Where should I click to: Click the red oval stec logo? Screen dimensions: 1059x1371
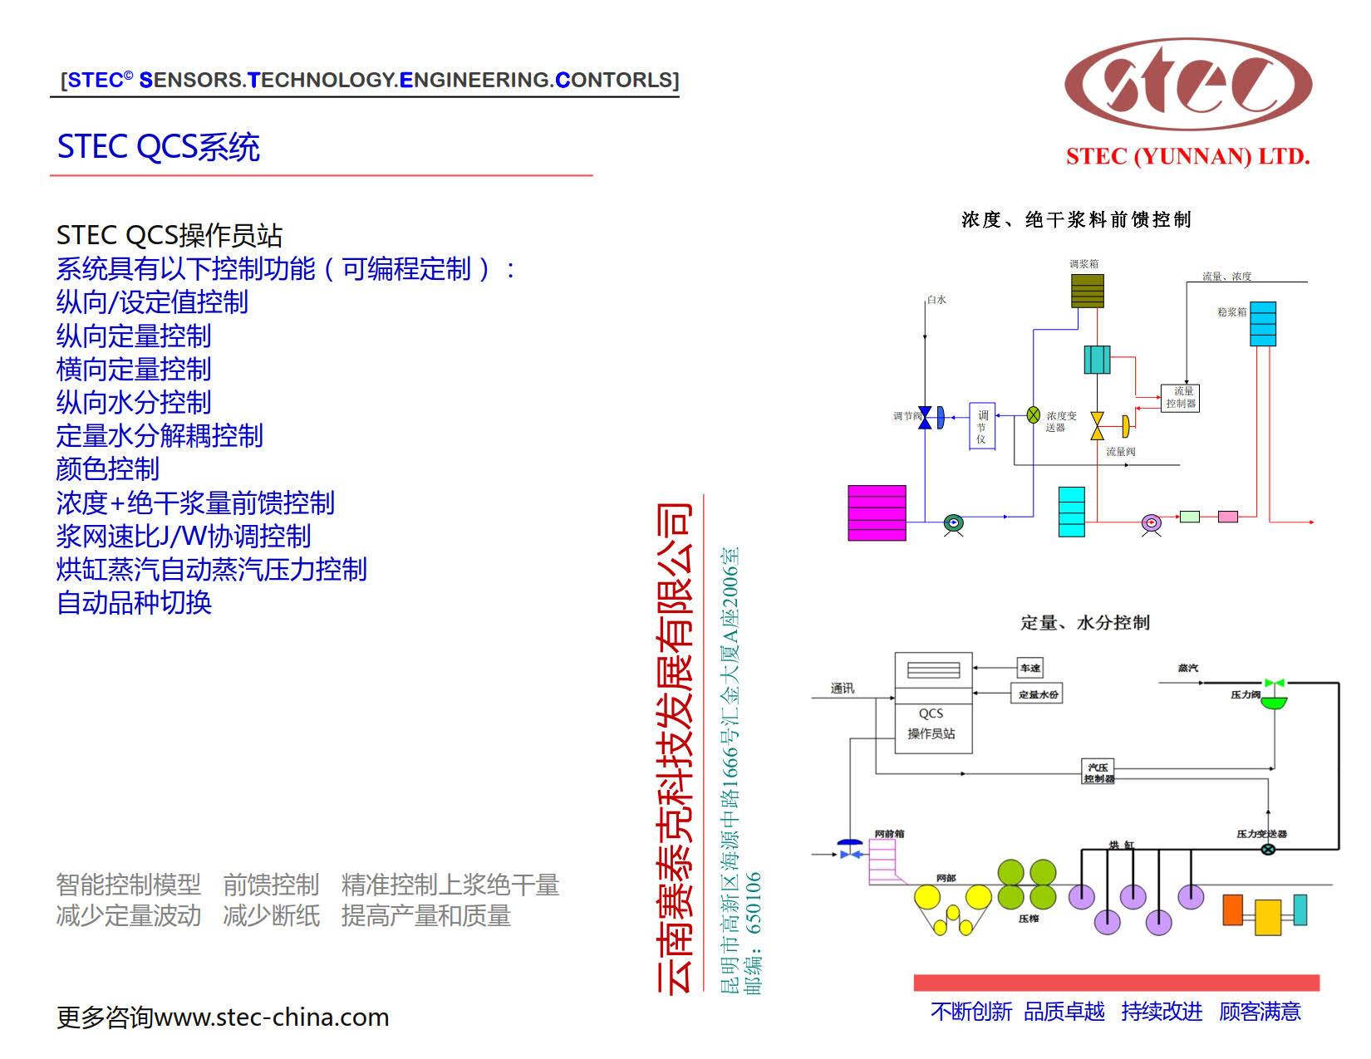point(1187,84)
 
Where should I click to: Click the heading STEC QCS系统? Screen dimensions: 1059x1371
point(158,147)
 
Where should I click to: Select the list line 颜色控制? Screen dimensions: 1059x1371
point(107,469)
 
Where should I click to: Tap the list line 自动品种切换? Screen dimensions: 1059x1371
point(134,602)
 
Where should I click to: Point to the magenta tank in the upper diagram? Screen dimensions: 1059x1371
point(877,513)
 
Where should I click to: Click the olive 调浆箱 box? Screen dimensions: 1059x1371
point(1087,291)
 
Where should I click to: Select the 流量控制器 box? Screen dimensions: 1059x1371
point(1180,398)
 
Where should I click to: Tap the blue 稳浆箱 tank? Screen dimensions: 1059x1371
point(1263,324)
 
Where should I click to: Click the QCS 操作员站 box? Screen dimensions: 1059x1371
point(933,703)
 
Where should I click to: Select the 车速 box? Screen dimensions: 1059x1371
point(1030,668)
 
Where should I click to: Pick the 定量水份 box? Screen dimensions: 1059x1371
point(1039,694)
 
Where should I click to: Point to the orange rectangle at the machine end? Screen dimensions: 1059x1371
point(1232,910)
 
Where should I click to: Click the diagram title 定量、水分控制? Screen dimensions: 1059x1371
point(1084,623)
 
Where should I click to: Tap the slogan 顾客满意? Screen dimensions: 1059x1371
point(1260,1012)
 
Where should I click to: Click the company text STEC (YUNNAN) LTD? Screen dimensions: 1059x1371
point(1187,157)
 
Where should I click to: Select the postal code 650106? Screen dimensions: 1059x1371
point(753,903)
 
